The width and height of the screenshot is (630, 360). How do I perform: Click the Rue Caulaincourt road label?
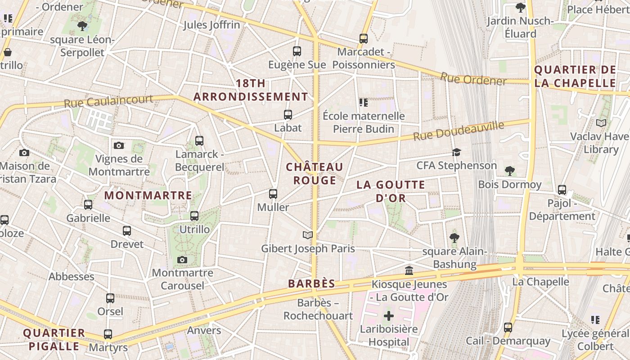click(x=108, y=101)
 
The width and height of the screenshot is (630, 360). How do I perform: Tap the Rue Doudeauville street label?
click(x=459, y=130)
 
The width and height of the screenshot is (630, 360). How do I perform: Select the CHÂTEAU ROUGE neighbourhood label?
click(x=315, y=174)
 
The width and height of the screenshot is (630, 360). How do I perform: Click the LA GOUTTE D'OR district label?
click(x=391, y=191)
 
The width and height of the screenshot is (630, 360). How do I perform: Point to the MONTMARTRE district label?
click(x=148, y=196)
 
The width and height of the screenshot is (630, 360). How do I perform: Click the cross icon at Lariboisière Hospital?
click(x=389, y=316)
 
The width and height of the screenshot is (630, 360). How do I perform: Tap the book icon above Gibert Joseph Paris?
click(x=307, y=235)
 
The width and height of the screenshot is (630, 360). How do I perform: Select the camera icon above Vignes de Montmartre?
click(x=119, y=145)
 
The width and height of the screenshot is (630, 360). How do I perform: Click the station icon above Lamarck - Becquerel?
click(x=199, y=141)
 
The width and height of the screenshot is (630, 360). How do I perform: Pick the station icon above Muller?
click(x=273, y=194)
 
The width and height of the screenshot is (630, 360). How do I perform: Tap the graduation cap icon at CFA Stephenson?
click(x=456, y=152)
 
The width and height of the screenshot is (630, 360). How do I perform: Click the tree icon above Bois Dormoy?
click(x=509, y=171)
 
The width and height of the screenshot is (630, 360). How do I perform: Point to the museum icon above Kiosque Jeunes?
click(x=409, y=271)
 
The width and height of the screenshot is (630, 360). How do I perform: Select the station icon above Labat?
click(x=288, y=115)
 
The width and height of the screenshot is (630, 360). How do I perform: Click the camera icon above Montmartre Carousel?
click(x=182, y=260)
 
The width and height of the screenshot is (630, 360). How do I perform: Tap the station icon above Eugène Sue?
click(x=297, y=51)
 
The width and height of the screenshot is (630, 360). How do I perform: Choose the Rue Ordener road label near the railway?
click(x=473, y=79)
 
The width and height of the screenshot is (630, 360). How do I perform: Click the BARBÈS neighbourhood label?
click(x=311, y=284)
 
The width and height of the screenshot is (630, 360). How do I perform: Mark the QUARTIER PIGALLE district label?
click(x=54, y=340)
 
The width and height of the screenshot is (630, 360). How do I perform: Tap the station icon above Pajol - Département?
click(x=562, y=190)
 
